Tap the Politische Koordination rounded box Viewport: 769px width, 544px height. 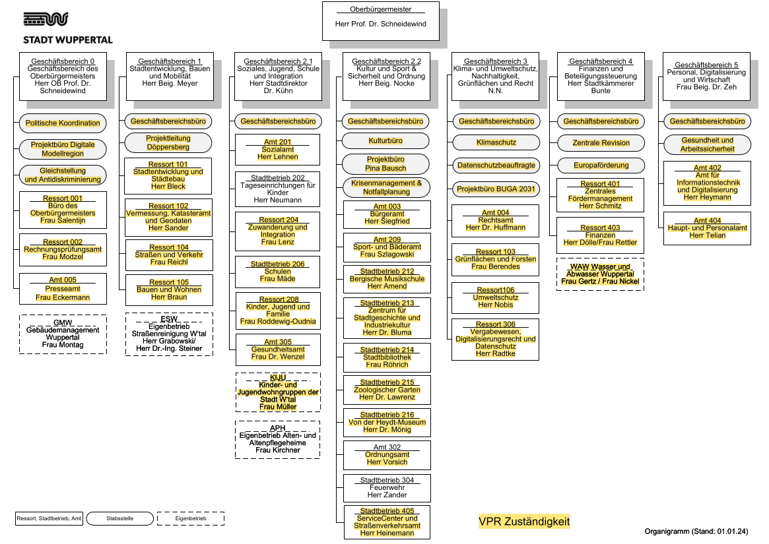tap(63, 123)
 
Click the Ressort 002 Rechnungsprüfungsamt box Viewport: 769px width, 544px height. tap(63, 249)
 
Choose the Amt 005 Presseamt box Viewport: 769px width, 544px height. tap(63, 289)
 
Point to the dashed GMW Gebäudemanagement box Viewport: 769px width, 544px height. tap(63, 334)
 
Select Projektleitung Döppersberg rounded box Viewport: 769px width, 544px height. tap(168, 142)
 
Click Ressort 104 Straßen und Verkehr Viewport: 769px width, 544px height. tap(168, 255)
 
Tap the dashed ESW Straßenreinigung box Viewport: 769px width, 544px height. tap(168, 334)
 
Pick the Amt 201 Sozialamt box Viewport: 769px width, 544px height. tap(277, 150)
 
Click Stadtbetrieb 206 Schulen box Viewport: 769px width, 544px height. tap(277, 272)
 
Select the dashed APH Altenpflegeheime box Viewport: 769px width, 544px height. tap(277, 440)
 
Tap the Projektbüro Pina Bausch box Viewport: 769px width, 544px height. tap(385, 164)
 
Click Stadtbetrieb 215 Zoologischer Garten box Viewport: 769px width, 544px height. tap(387, 390)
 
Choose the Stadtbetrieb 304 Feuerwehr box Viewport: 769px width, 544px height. tap(387, 487)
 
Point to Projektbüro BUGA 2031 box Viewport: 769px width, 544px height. tap(494, 189)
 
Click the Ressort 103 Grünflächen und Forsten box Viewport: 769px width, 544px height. tap(495, 259)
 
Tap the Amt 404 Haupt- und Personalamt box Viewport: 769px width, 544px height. tap(707, 228)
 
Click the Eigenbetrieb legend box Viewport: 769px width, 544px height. tap(190, 519)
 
